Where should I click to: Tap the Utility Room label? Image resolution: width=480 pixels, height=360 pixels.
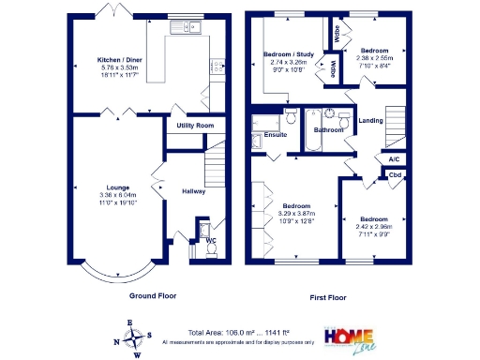194,125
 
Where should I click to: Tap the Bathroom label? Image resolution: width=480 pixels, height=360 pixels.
328,130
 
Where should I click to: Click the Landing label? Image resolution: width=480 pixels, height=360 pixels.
370,120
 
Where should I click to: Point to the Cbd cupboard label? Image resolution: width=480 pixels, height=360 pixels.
396,174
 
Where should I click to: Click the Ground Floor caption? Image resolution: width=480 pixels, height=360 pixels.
153,295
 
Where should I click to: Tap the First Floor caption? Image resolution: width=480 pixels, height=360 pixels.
328,297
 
